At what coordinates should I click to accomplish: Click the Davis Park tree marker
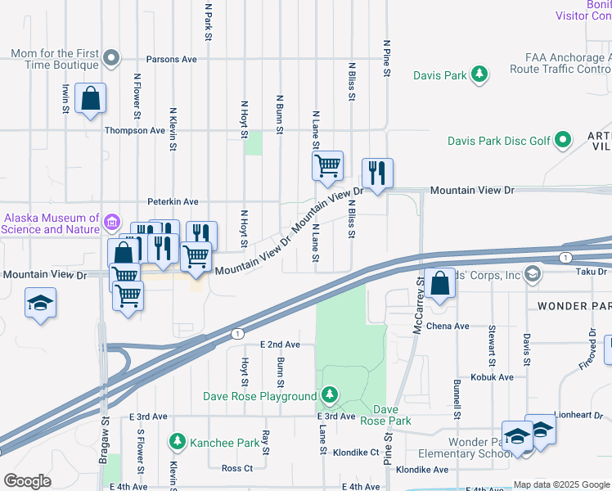479,75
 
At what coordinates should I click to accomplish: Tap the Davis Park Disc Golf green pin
562,141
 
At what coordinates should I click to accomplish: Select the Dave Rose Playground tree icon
329,396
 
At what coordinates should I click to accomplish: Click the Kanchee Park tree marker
177,443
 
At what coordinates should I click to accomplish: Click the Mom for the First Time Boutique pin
112,57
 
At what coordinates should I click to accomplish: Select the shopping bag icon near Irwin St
90,98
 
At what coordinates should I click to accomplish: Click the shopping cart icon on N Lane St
327,165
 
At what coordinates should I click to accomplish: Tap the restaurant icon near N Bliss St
376,173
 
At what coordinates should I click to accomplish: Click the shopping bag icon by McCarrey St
440,283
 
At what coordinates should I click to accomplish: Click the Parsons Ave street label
172,60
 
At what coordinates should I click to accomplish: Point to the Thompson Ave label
135,130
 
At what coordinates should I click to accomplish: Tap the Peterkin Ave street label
173,201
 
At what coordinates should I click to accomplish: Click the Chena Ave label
448,326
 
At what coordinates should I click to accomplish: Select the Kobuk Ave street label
492,377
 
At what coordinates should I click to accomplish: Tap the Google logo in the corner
27,481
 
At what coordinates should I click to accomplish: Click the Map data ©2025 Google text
560,484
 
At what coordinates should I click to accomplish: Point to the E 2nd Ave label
280,345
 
